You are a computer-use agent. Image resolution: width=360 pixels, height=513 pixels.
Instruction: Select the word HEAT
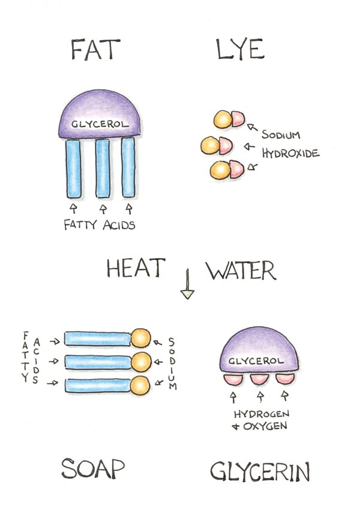click(134, 269)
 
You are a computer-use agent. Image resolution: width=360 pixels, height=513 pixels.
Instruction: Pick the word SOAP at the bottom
click(94, 469)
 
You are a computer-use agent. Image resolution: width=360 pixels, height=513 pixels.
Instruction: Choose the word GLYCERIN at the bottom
click(260, 472)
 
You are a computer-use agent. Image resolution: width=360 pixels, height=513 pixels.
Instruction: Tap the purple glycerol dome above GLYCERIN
click(260, 355)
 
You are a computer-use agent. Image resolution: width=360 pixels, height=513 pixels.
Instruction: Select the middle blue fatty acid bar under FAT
click(103, 168)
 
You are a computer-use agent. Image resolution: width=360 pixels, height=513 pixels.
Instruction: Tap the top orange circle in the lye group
click(223, 119)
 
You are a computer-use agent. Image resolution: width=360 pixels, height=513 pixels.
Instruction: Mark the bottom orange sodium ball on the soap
click(140, 385)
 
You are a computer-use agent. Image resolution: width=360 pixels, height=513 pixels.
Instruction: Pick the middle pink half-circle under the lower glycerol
click(259, 379)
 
